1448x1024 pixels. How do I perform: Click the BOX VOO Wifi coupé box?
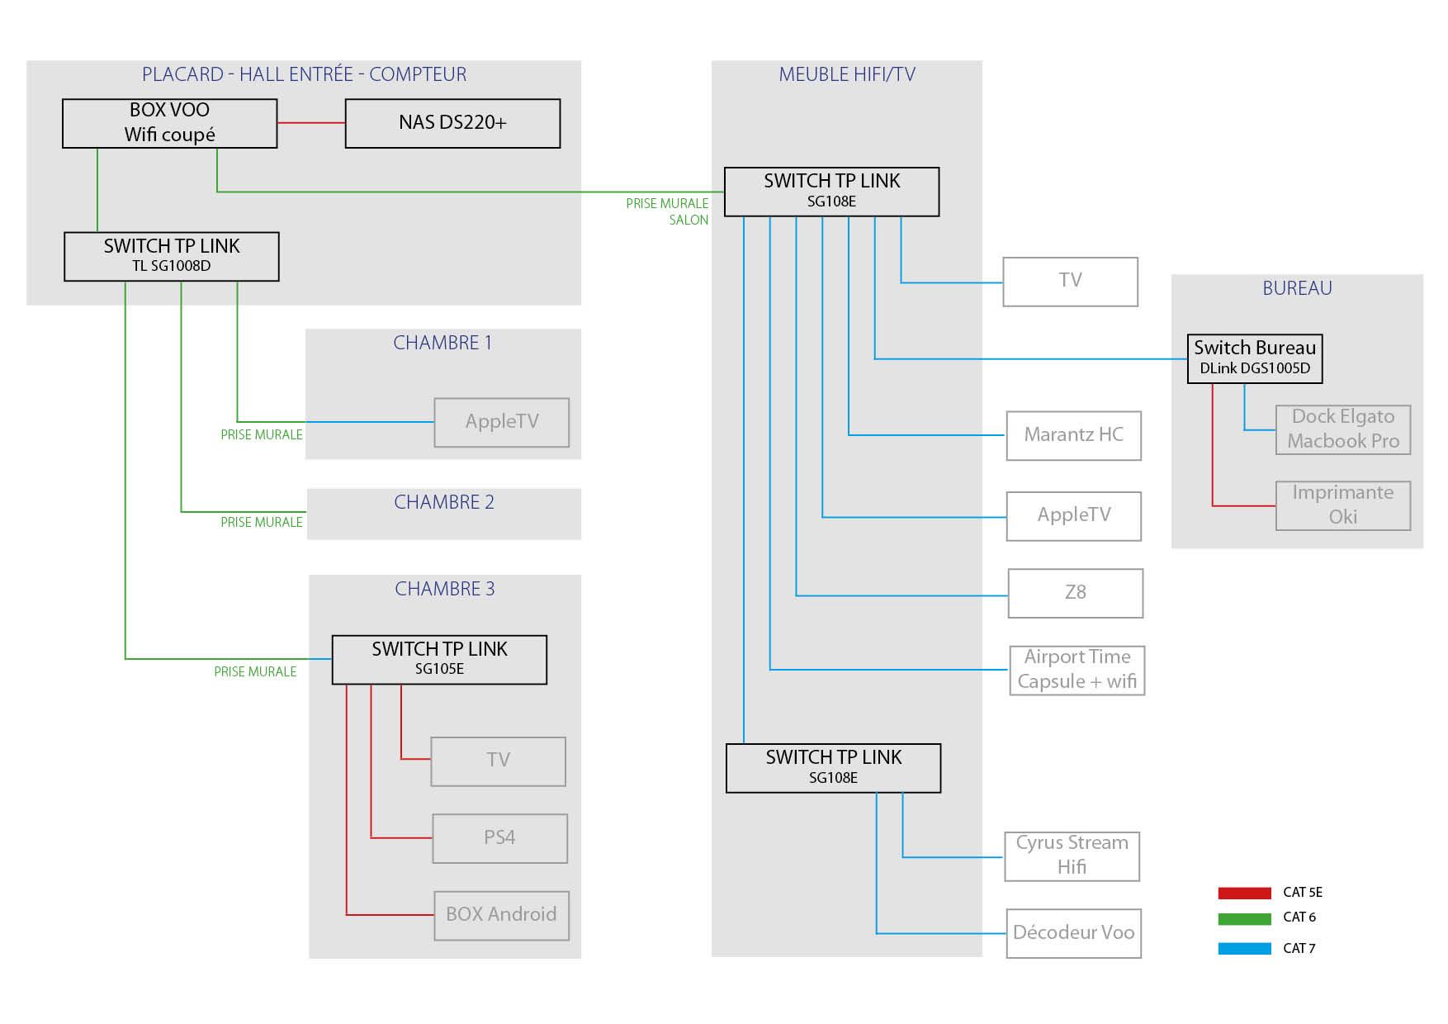pos(170,123)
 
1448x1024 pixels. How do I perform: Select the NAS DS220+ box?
pos(452,123)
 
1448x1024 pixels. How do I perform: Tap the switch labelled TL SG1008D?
pos(172,256)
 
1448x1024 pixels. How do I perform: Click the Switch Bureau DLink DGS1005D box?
pos(1254,358)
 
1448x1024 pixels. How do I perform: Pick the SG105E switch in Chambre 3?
pos(439,659)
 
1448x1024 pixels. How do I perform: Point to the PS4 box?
pos(499,837)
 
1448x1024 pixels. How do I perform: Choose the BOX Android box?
pos(501,914)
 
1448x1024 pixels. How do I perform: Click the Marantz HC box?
pos(1073,435)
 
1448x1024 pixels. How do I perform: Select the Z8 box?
pos(1075,592)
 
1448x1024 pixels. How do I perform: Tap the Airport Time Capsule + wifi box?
pos(1077,670)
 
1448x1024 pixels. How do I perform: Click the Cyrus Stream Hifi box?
pos(1072,856)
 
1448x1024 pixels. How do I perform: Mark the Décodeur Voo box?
pos(1073,932)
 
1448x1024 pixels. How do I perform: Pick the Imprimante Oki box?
pos(1342,505)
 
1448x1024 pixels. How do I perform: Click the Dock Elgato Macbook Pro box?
pos(1342,429)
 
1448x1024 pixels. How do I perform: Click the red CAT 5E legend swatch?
pos(1244,893)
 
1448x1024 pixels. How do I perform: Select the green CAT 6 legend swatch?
pos(1244,918)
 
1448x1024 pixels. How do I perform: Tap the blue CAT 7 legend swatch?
pos(1244,949)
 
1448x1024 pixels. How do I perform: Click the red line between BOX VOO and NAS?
pos(311,123)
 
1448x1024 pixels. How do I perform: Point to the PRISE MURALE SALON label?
pos(667,211)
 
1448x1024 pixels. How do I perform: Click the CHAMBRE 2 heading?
pos(444,502)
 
